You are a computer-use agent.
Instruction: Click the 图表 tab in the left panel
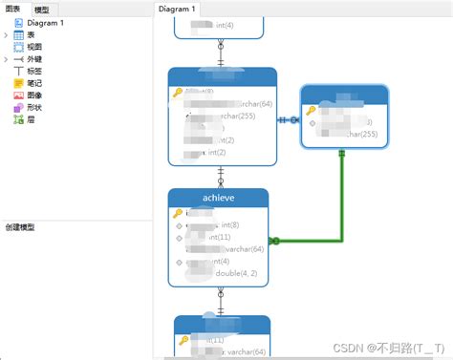point(14,9)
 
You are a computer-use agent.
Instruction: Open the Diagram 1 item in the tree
point(45,22)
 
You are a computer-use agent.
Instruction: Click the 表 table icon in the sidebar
point(19,34)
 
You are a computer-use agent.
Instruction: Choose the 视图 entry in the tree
point(34,46)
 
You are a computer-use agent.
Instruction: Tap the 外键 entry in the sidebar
point(34,58)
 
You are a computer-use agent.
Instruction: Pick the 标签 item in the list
point(34,71)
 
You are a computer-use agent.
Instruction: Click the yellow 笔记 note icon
point(19,83)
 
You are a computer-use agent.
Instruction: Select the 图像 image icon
point(19,95)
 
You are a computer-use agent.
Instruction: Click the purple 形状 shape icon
point(19,108)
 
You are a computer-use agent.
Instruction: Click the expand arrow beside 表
point(7,34)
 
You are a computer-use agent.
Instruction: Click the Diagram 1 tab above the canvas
point(178,9)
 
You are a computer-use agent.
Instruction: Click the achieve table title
point(219,198)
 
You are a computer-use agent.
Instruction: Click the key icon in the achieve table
point(178,213)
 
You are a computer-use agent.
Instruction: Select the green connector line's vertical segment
point(341,196)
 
